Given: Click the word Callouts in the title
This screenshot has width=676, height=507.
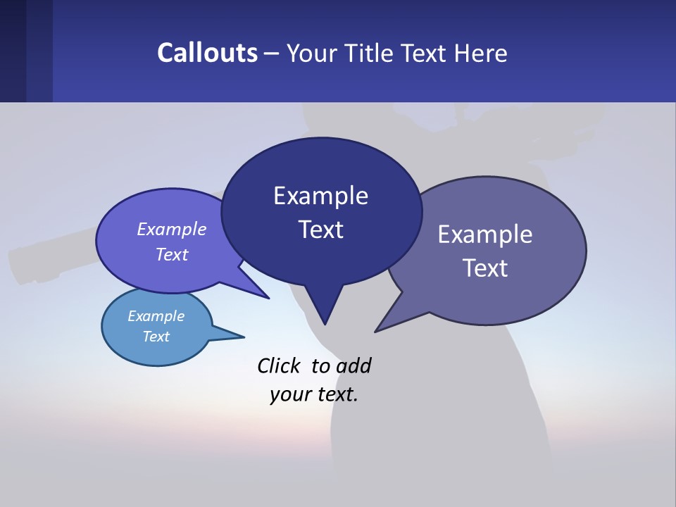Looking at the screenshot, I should pos(208,53).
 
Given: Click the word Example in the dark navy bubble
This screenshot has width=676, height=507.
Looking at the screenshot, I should pos(320,196).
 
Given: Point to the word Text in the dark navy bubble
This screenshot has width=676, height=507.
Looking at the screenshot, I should pos(320,230).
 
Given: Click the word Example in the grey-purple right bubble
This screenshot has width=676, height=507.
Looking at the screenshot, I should pos(485,234).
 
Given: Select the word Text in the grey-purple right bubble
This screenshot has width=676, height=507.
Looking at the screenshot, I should pos(485,268).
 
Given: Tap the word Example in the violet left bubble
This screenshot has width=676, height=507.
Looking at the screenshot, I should pos(172,229).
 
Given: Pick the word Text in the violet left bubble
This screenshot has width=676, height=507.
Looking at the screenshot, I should pos(172,254).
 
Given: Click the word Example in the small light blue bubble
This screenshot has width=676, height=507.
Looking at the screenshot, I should pos(156,316).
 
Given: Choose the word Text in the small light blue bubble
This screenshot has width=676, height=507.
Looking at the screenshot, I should pos(156,337).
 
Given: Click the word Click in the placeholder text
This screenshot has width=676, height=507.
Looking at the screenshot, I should pos(279,365).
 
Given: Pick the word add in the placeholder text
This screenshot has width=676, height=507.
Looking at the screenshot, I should pos(353,365).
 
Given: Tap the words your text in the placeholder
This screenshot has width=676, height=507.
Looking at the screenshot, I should pos(314,394).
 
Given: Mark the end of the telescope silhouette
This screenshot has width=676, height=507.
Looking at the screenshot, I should pos(17,263).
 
